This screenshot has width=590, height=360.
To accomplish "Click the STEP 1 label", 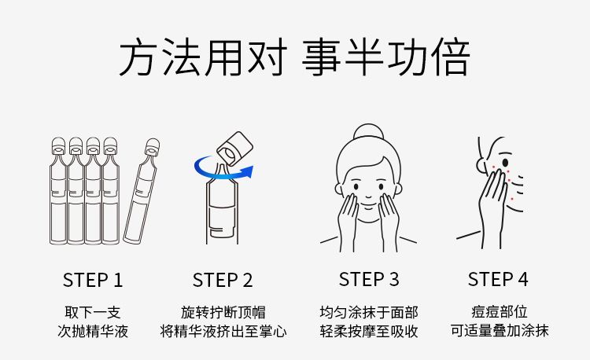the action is click(x=93, y=281).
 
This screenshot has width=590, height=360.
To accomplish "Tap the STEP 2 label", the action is click(x=223, y=281).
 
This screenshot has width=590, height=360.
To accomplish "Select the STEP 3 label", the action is click(x=369, y=279).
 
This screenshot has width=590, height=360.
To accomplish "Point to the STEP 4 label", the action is click(x=498, y=279).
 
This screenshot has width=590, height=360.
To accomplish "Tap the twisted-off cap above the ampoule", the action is click(x=234, y=148).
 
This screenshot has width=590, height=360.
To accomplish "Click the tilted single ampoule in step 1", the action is click(x=142, y=191).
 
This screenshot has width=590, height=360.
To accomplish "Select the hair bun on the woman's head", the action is click(x=368, y=131).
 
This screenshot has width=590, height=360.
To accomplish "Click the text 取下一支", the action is click(x=93, y=312).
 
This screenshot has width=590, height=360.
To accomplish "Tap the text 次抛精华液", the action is click(x=93, y=331).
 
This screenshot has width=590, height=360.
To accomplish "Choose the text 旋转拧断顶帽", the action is click(x=223, y=312).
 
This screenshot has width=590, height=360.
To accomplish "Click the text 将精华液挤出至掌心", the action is click(x=223, y=331).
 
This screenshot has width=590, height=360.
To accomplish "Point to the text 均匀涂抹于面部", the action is click(x=369, y=312).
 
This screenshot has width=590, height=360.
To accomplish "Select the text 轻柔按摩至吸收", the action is click(x=369, y=331).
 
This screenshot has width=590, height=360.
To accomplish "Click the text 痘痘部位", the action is click(x=499, y=311).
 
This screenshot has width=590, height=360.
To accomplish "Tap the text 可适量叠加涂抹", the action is click(x=500, y=330).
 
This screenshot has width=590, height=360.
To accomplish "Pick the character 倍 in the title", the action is click(x=451, y=57).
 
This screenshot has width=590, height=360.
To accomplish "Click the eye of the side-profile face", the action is click(x=505, y=163).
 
